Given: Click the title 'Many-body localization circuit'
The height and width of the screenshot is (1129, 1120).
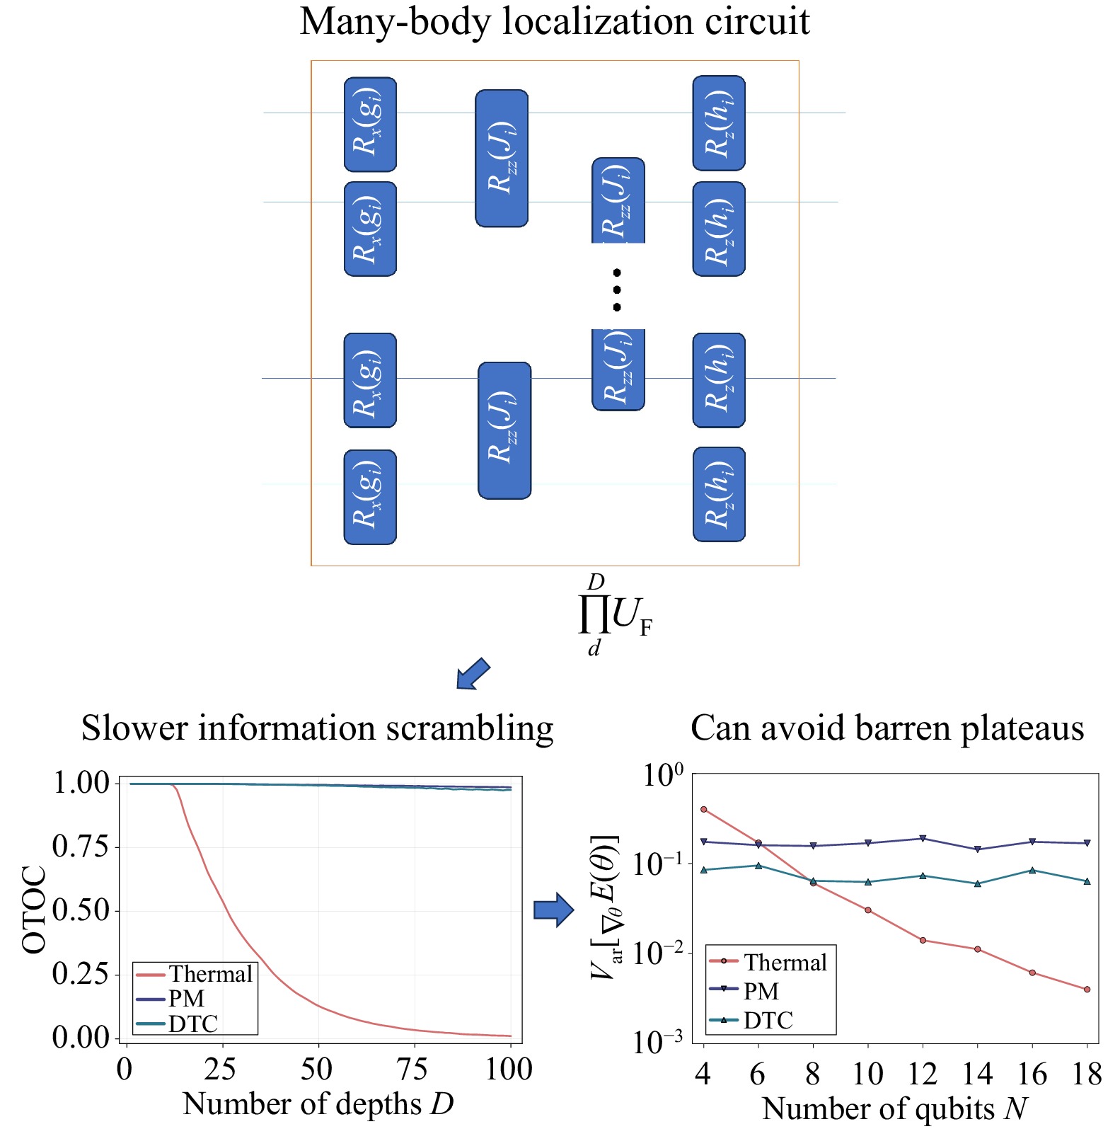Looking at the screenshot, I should (555, 21).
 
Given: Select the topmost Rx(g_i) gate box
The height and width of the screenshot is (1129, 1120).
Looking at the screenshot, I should (370, 125).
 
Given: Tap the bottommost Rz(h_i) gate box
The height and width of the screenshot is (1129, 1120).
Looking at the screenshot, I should (719, 494).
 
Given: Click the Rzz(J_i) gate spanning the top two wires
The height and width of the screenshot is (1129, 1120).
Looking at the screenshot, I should (502, 158).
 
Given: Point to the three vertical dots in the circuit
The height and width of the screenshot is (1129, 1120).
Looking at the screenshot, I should (617, 290).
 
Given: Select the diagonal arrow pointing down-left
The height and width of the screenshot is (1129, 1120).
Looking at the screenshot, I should (472, 673).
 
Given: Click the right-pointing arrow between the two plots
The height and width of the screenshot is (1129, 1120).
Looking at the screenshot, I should (553, 910).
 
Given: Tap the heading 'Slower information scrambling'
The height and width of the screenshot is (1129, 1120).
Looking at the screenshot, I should (317, 728).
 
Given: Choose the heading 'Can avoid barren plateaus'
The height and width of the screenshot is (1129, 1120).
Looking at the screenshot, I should (887, 728).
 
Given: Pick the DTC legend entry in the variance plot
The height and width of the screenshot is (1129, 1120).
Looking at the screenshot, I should (768, 1020).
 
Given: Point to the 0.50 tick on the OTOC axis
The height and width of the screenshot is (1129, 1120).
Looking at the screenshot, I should (81, 910).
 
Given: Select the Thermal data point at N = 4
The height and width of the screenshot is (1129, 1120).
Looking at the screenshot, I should (703, 809).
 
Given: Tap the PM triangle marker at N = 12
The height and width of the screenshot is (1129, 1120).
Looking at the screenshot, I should (923, 839).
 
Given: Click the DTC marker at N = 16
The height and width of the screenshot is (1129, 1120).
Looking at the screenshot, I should (1032, 870).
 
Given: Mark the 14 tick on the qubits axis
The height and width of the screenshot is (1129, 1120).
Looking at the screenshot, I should (977, 1074).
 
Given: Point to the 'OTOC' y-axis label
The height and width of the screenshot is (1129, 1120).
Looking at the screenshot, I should (34, 910).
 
